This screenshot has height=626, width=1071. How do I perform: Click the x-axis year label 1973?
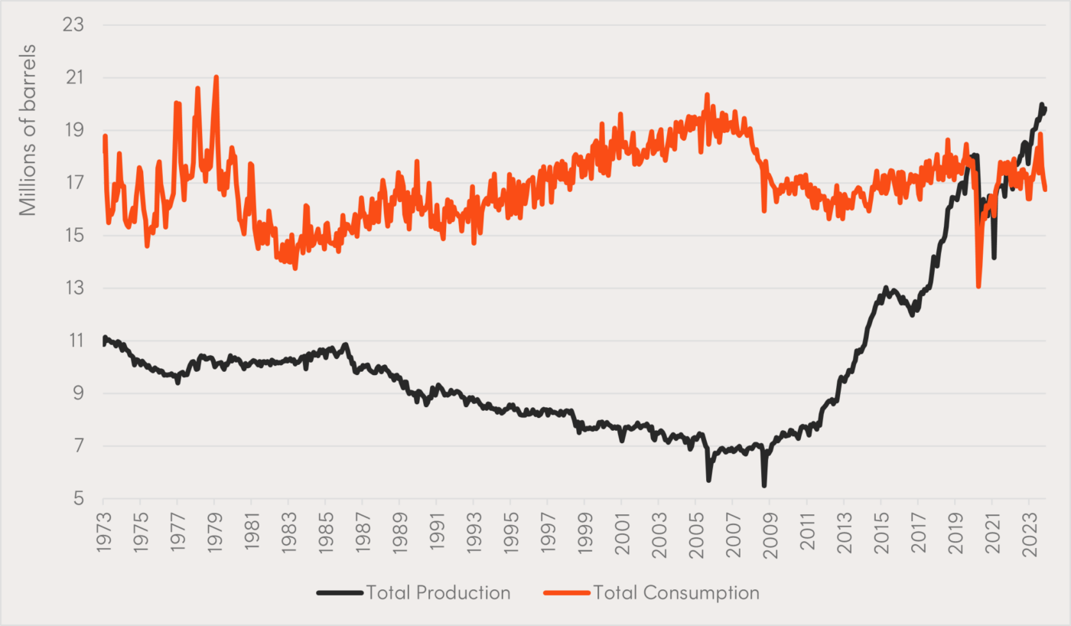point(103,525)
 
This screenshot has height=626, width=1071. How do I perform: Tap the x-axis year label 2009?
point(770,525)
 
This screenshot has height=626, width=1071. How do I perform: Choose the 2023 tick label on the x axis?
point(1029,525)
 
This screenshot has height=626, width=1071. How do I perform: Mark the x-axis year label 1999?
point(584,525)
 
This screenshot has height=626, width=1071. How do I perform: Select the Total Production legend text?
point(438,593)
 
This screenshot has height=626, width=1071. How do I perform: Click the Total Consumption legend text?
point(676,593)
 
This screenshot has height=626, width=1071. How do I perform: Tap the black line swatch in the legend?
point(339,593)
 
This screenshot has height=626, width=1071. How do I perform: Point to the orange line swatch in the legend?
point(566,593)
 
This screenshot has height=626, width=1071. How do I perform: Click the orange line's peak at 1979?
point(216,77)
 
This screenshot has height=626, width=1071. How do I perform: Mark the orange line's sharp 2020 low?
point(978,286)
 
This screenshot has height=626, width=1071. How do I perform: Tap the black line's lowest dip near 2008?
point(763,485)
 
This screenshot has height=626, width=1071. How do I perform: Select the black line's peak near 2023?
point(1041,105)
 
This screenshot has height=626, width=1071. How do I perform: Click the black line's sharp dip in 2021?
point(994,257)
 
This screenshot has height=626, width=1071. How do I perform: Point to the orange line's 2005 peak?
point(707,95)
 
